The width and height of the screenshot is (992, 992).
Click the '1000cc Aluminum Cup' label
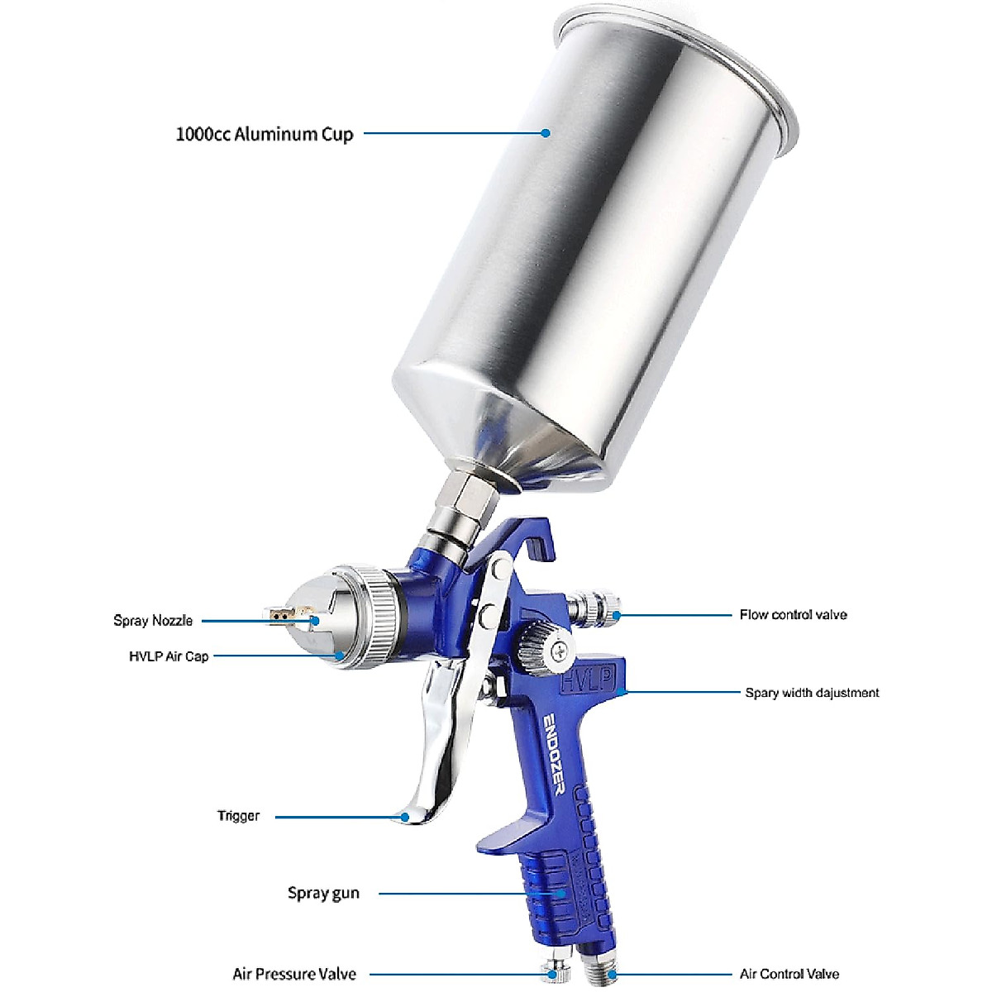(265, 135)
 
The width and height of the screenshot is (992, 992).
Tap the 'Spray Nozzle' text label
(153, 620)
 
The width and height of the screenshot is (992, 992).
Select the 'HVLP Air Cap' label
(169, 656)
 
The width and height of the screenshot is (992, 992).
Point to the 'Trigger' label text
(238, 815)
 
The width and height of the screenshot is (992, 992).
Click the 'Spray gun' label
(323, 893)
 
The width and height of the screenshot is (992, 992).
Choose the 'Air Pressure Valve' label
(294, 960)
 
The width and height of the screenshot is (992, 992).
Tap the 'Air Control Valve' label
(789, 960)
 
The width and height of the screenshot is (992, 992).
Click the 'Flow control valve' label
(793, 615)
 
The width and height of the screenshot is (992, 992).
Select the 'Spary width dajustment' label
(812, 693)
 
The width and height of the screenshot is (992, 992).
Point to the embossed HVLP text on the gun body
(588, 680)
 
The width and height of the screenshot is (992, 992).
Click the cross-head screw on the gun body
(559, 651)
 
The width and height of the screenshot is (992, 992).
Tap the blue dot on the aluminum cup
(546, 133)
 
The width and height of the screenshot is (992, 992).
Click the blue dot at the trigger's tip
(405, 817)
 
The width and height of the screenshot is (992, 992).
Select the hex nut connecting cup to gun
(467, 499)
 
